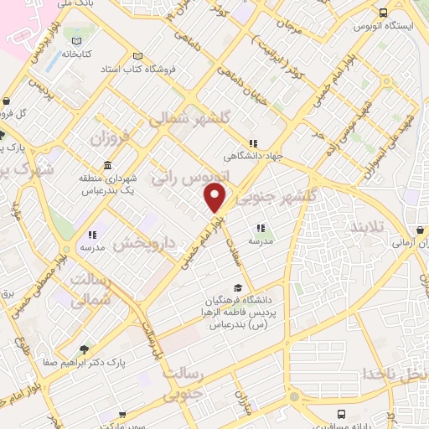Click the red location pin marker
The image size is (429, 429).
tap(215, 198)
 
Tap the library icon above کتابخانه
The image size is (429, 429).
tap(77, 40)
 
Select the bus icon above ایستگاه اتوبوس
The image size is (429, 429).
tap(384, 13)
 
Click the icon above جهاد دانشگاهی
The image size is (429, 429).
tap(254, 143)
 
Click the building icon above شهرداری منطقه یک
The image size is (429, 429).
tap(106, 165)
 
